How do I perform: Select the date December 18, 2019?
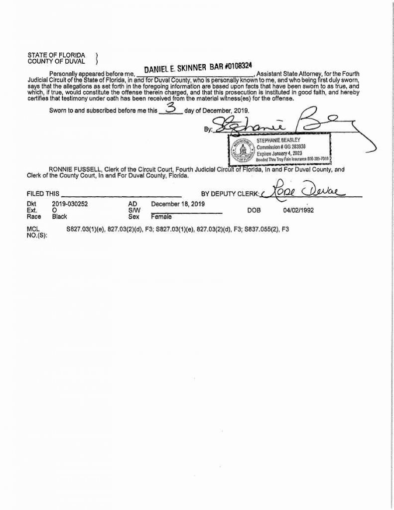[x=178, y=204]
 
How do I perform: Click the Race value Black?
[x=59, y=217]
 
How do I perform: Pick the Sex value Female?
[x=161, y=217]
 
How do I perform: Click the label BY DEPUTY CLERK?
[x=230, y=193]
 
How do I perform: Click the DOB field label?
[x=254, y=211]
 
